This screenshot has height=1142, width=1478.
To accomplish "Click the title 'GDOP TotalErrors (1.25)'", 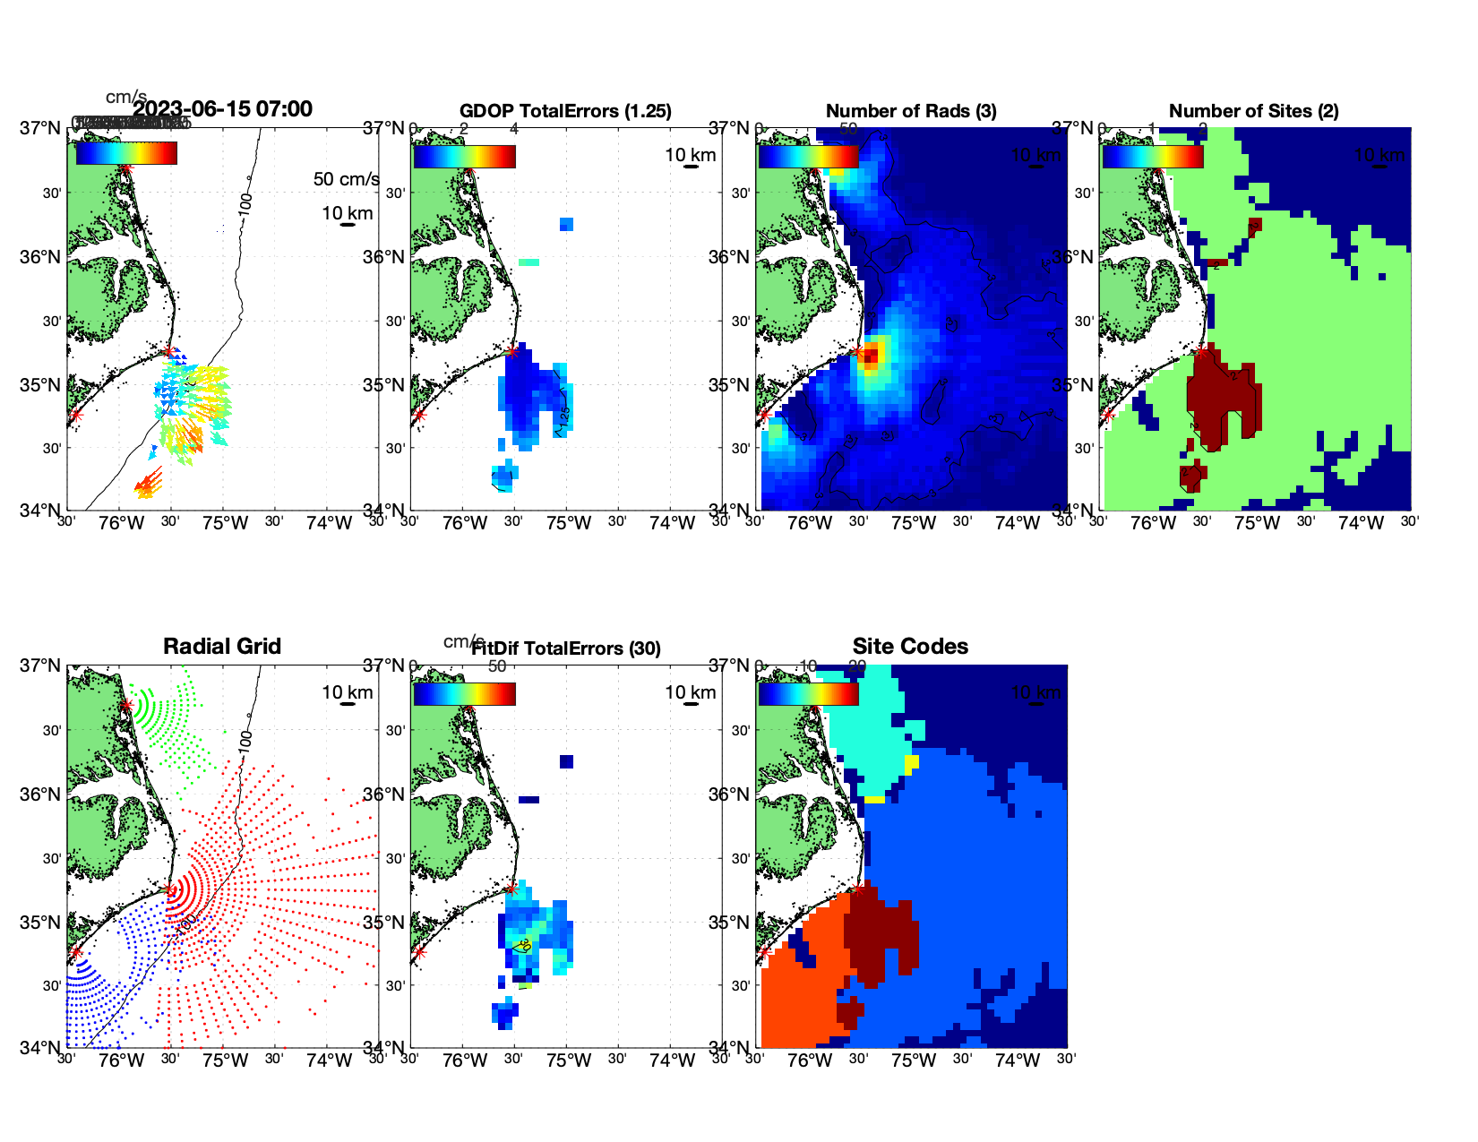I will tap(565, 111).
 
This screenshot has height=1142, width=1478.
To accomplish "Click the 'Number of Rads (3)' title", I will tap(911, 111).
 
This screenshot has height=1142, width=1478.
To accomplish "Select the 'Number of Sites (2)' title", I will tap(1253, 111).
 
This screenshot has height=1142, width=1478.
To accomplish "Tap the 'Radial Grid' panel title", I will tap(222, 647).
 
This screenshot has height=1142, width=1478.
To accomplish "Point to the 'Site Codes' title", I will tap(910, 647).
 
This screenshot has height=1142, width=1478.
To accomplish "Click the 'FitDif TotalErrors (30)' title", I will tap(566, 648).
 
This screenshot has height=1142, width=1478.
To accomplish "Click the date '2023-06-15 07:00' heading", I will tap(223, 109).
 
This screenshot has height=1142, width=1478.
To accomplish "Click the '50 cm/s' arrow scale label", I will tap(346, 179).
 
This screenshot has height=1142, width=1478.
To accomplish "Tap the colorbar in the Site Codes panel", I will tap(808, 694).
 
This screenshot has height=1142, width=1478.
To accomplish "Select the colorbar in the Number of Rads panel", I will tap(808, 156).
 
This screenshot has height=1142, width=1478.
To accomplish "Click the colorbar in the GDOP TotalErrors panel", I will tap(464, 156).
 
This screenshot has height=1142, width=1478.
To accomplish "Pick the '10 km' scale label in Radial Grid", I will tap(347, 692).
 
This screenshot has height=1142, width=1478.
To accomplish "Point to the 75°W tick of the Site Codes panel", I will tap(913, 1061).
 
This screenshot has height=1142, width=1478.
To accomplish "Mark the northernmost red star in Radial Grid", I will tap(126, 706).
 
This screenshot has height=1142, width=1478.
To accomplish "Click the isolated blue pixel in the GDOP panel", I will tap(566, 224).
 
